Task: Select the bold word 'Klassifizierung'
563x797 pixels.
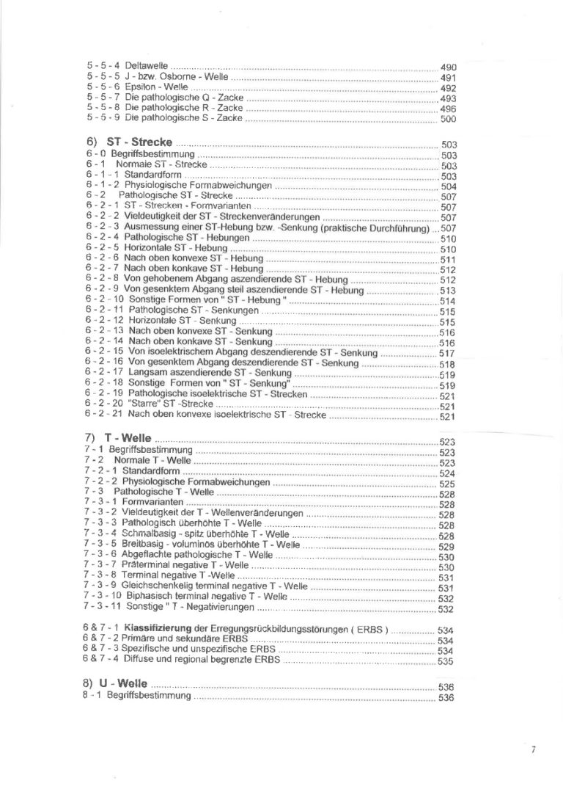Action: tap(158, 629)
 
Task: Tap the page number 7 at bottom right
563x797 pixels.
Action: tap(534, 750)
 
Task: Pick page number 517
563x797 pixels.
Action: tap(447, 353)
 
